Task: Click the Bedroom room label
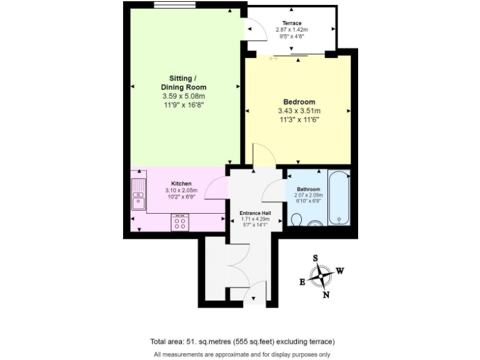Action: click(x=299, y=102)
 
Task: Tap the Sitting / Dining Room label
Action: click(x=183, y=82)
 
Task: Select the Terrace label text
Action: click(x=291, y=23)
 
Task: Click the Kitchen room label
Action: click(x=181, y=183)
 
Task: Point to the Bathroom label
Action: click(x=308, y=189)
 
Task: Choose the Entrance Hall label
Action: click(x=255, y=213)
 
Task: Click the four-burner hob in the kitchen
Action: click(x=181, y=222)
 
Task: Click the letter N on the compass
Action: click(x=326, y=295)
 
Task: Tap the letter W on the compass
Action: click(x=340, y=271)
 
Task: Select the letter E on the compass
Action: click(x=302, y=282)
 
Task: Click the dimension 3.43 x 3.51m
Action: click(x=299, y=111)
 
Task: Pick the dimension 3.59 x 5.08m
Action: click(x=183, y=96)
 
